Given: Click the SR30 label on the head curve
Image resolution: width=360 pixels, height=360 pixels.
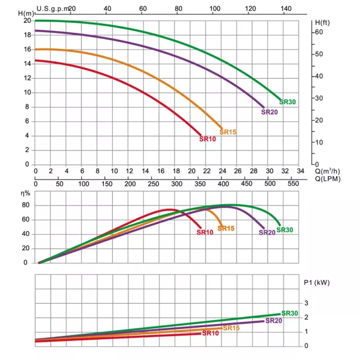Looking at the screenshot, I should point(288,102).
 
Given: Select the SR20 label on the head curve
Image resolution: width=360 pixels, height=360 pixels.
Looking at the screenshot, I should point(270,112).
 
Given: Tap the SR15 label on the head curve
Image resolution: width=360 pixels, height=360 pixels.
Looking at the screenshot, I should point(229,131).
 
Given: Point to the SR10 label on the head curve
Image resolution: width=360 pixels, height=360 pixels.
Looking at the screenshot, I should point(207,139).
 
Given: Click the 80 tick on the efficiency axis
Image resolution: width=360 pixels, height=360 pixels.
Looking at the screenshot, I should point(26,205).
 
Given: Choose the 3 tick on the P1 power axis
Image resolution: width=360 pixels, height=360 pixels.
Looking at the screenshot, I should point(306,303).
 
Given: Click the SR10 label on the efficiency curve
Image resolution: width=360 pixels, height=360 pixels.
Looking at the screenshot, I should point(205,232).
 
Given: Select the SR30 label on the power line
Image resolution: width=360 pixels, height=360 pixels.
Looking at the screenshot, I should point(290,313).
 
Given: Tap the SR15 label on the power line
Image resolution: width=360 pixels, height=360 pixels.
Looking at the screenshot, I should point(231,328).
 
